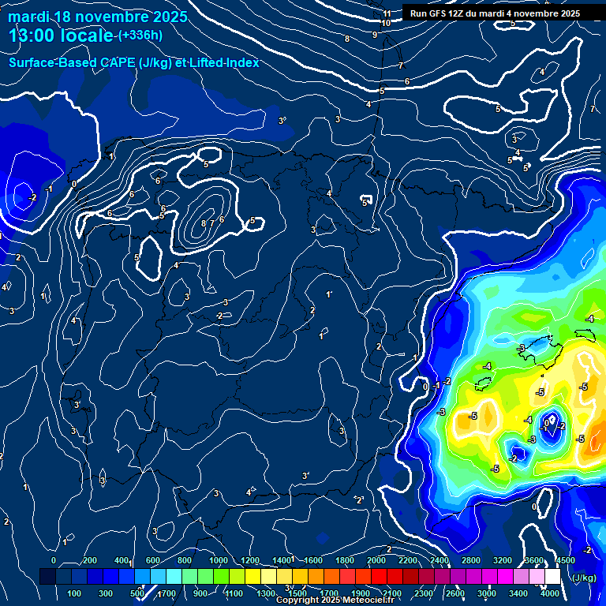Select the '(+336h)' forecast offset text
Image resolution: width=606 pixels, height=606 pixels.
[x=140, y=35]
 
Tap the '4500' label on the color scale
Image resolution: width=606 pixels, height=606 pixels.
[x=566, y=560]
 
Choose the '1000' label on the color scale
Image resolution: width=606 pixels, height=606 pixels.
[x=218, y=560]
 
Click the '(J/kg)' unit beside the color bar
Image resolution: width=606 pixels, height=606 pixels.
[x=585, y=578]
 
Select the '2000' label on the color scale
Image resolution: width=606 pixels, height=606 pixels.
[x=376, y=560]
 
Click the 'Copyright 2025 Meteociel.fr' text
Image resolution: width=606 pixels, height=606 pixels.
[x=335, y=600]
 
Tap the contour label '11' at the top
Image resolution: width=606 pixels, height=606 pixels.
[x=387, y=13]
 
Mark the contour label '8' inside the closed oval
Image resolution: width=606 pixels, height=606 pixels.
[x=204, y=224]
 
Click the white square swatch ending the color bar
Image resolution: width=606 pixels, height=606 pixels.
[x=567, y=577]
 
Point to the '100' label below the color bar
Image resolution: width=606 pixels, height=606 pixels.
[x=75, y=593]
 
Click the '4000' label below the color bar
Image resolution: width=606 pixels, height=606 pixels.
[x=550, y=593]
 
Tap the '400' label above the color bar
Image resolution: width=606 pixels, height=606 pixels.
[x=122, y=560]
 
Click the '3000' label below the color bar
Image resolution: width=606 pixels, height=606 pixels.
[x=487, y=593]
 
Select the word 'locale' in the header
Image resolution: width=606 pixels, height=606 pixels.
[x=89, y=36]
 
